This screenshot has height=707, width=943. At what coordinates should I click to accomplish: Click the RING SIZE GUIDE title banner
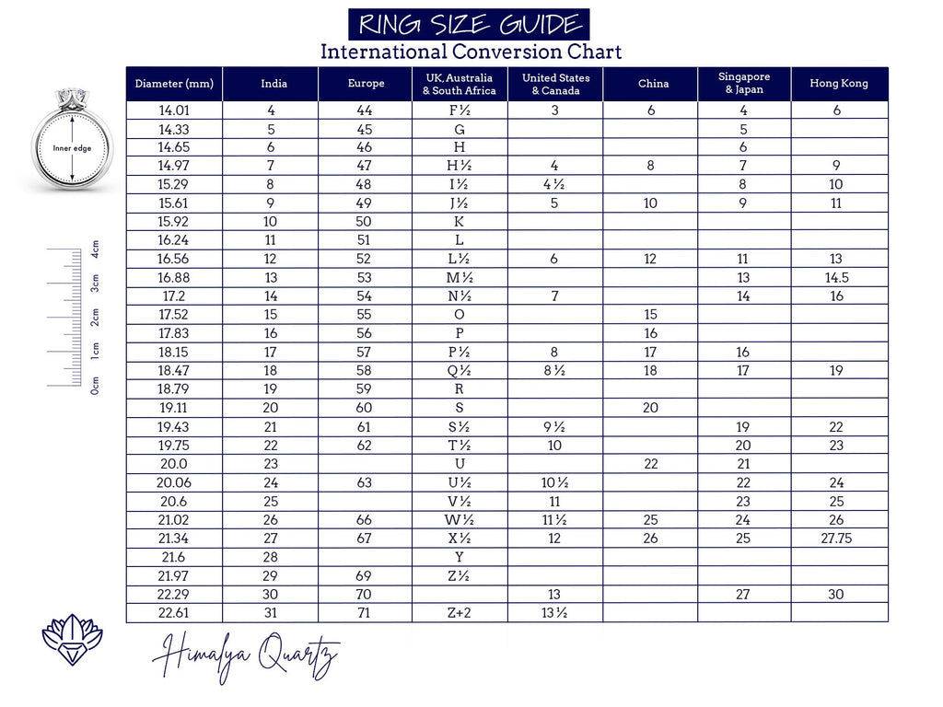tap(469, 24)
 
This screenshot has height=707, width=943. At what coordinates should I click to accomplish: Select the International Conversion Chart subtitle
tap(471, 52)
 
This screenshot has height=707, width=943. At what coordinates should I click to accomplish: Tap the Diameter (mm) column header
tap(174, 84)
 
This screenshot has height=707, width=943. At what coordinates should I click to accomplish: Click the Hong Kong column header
tap(839, 84)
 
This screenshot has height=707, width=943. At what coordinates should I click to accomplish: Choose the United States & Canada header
tap(555, 84)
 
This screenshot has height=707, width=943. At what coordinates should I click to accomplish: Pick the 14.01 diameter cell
tap(174, 110)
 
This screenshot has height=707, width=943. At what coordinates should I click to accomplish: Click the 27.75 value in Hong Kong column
tap(836, 539)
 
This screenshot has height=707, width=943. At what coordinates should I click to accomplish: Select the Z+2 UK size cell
tap(459, 613)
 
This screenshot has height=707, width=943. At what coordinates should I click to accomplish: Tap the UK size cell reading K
tap(459, 222)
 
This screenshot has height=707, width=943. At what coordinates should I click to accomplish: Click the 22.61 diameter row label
tap(174, 613)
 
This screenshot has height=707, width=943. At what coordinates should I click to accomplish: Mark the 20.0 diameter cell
tap(174, 464)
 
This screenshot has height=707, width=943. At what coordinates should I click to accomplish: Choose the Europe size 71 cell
tap(364, 613)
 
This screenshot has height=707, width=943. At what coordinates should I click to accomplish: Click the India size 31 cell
tap(271, 613)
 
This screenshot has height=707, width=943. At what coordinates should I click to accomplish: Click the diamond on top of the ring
tap(71, 97)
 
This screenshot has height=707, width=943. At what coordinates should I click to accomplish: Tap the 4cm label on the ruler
tap(96, 249)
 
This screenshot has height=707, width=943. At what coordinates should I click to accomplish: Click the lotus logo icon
tap(72, 640)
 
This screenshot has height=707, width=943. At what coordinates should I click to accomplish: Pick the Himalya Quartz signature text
tap(246, 658)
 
